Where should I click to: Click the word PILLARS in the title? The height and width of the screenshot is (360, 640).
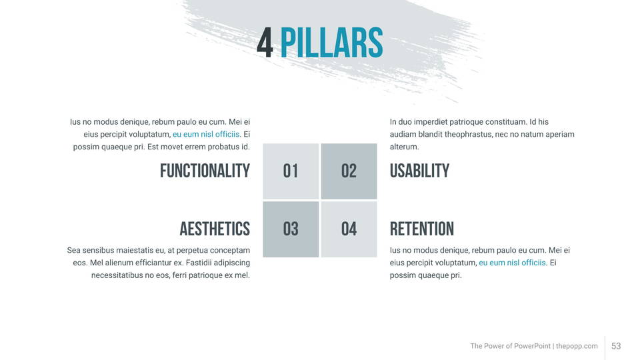[x=331, y=43]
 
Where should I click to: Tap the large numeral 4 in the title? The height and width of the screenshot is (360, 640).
[x=265, y=43]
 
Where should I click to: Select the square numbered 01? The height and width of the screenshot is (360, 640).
[x=291, y=171]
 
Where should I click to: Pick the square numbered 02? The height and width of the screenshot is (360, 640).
[x=349, y=171]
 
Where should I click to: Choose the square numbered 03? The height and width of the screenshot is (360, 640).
[x=291, y=229]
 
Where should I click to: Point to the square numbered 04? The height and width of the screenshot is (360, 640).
[x=349, y=229]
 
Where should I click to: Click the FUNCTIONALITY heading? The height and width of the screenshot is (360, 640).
[x=205, y=171]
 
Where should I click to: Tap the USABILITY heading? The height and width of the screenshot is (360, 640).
[x=419, y=171]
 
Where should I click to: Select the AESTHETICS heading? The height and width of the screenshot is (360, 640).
[x=215, y=229]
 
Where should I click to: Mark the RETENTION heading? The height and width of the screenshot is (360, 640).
[x=421, y=229]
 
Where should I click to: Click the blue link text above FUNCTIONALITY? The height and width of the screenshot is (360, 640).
[x=206, y=134]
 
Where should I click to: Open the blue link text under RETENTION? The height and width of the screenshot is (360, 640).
[x=512, y=263]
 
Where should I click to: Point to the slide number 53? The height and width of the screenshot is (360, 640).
[x=616, y=346]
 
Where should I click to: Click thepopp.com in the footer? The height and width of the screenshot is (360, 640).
[x=577, y=346]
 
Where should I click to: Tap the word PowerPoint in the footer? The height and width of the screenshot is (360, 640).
[x=532, y=346]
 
